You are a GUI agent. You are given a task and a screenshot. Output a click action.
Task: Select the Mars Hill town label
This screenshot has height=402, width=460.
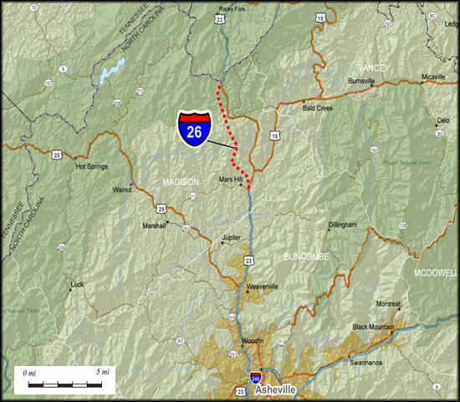(231, 179)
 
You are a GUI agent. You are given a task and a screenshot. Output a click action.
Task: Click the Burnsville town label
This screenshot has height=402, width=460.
(361, 81)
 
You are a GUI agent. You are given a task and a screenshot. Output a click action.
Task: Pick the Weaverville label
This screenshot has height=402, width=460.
(262, 286)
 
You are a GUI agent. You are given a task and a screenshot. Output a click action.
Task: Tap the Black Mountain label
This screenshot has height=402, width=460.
(372, 327)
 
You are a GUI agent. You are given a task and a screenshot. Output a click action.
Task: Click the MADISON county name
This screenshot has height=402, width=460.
(181, 182)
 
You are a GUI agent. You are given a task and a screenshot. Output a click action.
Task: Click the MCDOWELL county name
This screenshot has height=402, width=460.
(436, 272)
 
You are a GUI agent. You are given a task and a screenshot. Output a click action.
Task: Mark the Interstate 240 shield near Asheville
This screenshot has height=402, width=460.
(255, 378)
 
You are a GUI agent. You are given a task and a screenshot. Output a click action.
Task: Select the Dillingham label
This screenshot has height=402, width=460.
(343, 225)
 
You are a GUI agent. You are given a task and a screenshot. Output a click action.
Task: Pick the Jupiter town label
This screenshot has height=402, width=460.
(231, 237)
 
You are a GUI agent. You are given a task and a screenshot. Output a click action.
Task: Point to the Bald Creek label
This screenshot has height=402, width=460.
(319, 108)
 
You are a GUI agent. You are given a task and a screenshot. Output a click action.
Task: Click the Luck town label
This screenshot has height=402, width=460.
(77, 284)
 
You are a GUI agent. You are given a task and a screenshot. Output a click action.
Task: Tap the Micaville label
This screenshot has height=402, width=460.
(433, 76)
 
